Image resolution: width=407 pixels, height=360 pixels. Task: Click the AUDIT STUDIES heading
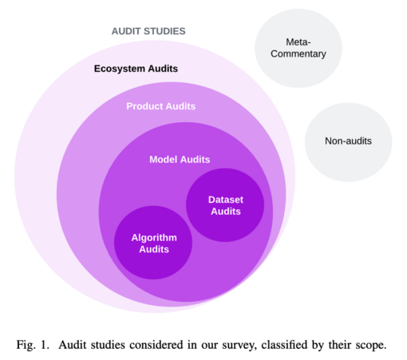point(148,31)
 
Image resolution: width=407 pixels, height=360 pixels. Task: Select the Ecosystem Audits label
point(136,69)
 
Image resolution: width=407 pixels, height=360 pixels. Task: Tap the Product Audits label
point(161,106)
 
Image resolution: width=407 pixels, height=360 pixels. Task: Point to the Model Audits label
point(180,160)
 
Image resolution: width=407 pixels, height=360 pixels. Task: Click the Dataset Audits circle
point(225,205)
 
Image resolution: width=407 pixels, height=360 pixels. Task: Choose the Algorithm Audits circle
point(153,243)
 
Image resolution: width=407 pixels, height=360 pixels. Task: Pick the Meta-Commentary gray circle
point(298,48)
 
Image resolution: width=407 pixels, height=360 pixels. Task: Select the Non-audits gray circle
point(349,142)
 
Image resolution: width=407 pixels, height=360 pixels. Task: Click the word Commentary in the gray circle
point(298,54)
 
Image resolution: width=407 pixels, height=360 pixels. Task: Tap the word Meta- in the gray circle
point(298,42)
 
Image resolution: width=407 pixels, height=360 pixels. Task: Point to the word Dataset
point(226,200)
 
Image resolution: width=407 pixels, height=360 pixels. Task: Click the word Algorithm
point(154,238)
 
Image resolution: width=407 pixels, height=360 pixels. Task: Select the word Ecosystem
point(120,69)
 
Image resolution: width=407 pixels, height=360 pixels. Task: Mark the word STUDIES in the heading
point(164,31)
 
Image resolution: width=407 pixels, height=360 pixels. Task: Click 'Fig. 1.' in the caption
point(33,345)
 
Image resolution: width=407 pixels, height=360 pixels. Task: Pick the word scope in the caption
point(372,346)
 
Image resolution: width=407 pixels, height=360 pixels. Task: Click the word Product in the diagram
point(144,106)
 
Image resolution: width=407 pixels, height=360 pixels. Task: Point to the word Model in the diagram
point(164,160)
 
